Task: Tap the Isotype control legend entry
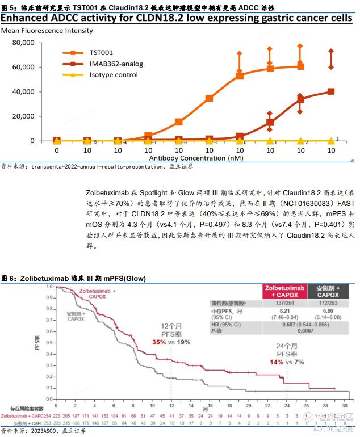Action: click(x=114, y=74)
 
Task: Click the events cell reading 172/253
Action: click(x=328, y=303)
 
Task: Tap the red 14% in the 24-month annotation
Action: click(x=277, y=362)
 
